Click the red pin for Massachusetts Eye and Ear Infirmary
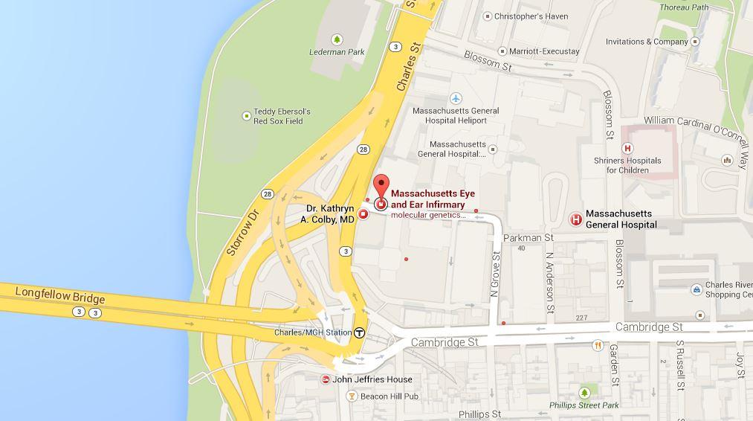(x=381, y=186)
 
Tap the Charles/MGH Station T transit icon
(x=360, y=332)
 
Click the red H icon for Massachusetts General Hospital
(x=575, y=219)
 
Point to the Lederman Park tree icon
(x=337, y=39)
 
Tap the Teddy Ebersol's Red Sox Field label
(x=282, y=116)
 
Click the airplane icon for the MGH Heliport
(x=456, y=98)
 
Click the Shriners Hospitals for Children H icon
(x=627, y=149)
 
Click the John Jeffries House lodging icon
(x=326, y=379)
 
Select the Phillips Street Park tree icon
(x=585, y=392)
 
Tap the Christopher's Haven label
(x=531, y=16)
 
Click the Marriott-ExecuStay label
(x=544, y=51)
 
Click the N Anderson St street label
(x=550, y=281)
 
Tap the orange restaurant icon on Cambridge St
(x=598, y=345)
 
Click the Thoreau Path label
(x=685, y=7)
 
